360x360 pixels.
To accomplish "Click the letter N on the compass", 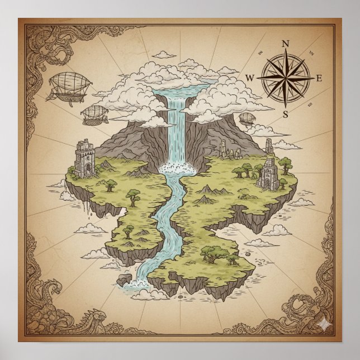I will [285, 44].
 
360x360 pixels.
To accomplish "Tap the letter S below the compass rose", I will [285, 115].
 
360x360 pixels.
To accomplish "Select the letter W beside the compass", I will [250, 78].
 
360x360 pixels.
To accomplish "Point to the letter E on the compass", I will [319, 78].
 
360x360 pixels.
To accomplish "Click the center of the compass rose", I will [285, 78].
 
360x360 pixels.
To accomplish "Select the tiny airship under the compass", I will [246, 119].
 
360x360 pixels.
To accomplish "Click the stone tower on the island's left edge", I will [84, 159].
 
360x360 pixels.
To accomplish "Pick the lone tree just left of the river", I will [133, 196].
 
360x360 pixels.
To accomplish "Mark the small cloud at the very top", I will [164, 55].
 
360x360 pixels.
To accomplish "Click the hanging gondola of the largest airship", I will [60, 96].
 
